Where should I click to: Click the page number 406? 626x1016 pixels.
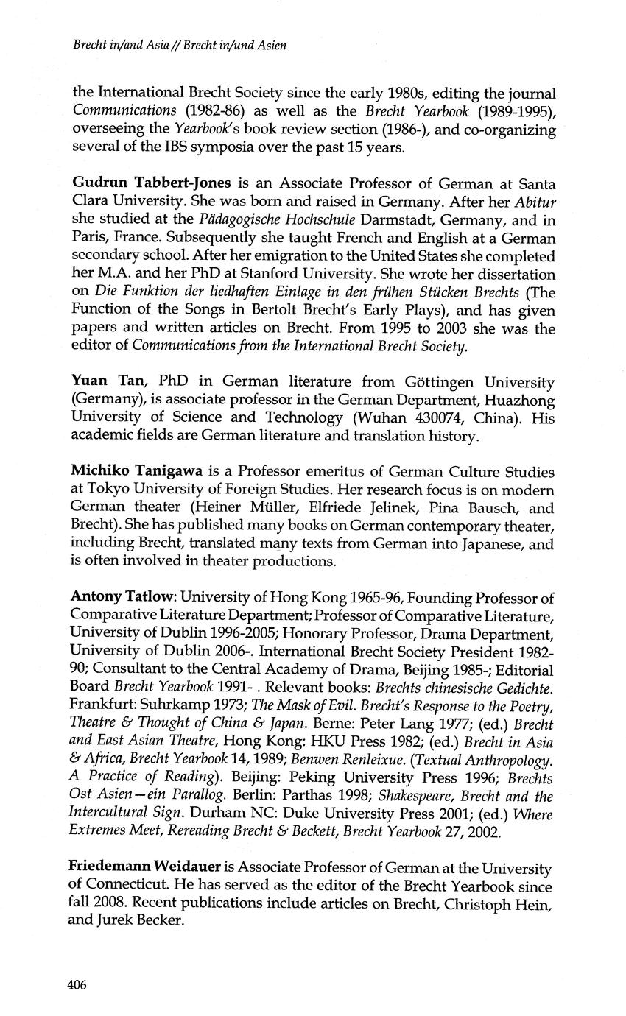[77, 985]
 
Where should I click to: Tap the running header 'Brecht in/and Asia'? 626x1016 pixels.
[122, 45]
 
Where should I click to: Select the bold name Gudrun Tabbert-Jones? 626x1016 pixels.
[139, 183]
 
